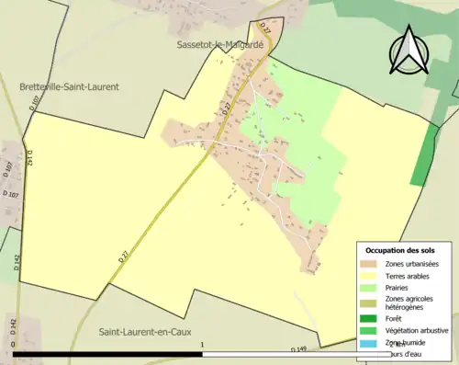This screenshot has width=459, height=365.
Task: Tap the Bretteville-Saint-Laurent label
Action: click(x=69, y=86)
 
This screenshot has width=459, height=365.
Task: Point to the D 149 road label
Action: click(x=298, y=349)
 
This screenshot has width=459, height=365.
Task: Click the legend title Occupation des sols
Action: click(x=401, y=250)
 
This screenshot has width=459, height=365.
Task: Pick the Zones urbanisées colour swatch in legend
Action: click(x=372, y=265)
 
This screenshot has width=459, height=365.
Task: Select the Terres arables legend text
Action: click(x=411, y=276)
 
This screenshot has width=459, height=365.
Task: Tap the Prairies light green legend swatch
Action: click(x=372, y=288)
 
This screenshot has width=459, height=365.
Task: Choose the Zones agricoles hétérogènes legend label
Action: click(x=410, y=303)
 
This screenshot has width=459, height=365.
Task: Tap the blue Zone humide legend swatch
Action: click(x=372, y=343)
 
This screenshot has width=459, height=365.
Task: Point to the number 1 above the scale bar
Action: click(x=201, y=346)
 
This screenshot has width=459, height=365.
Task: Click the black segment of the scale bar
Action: click(x=107, y=354)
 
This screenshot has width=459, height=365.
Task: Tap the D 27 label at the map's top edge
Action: click(x=265, y=29)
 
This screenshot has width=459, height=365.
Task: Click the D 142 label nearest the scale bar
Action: click(x=13, y=326)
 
